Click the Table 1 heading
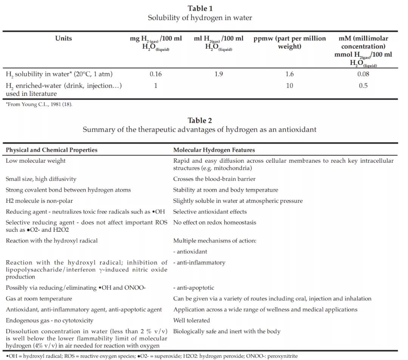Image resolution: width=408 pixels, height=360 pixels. [200, 8]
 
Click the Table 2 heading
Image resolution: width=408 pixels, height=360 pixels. [200, 120]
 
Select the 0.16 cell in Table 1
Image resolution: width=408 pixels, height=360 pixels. [156, 74]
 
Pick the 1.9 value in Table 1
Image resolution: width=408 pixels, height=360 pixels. [219, 74]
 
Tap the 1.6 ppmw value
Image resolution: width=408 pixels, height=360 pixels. [289, 74]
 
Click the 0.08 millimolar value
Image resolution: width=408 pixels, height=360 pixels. [363, 74]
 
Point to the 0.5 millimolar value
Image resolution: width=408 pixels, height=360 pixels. [363, 86]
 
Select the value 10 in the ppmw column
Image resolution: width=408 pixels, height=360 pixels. [289, 86]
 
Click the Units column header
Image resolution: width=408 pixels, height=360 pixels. [63, 38]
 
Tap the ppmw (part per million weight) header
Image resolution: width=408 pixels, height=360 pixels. [289, 42]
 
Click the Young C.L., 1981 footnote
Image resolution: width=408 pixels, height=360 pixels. [39, 105]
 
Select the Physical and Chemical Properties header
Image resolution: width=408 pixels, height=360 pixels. [51, 150]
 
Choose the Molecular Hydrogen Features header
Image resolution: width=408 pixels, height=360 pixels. [214, 150]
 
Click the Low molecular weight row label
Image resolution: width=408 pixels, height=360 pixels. [36, 161]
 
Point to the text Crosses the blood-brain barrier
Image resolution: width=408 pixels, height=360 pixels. [214, 179]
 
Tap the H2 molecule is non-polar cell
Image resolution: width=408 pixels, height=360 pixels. [39, 201]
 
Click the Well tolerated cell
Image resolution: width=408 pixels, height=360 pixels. [192, 320]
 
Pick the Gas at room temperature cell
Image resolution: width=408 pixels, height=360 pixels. [39, 298]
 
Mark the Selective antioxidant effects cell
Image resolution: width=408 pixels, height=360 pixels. [210, 212]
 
